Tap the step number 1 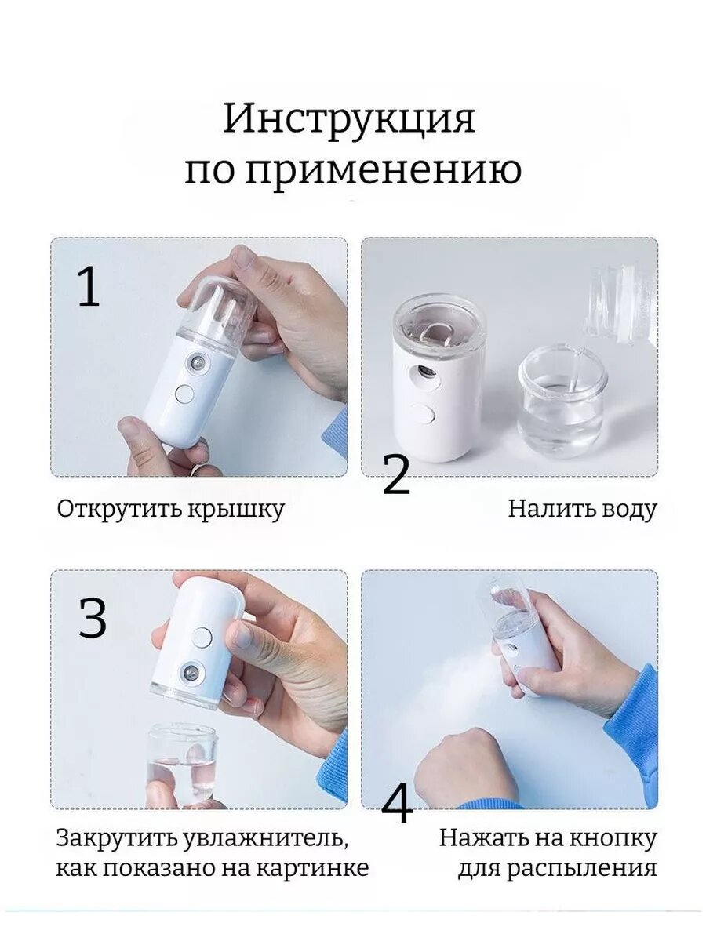[89, 286]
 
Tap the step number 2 [396, 474]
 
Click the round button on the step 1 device [184, 394]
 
